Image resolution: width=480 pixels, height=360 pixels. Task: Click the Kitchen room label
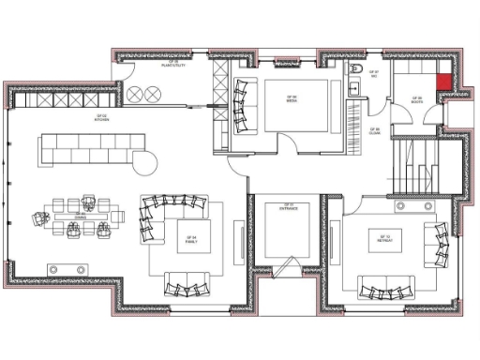click(x=100, y=118)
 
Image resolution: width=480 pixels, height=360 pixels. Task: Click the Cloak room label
click(x=373, y=132)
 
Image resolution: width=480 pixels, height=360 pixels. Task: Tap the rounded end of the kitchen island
click(x=147, y=163)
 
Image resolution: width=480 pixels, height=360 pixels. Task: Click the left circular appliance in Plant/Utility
click(x=136, y=93)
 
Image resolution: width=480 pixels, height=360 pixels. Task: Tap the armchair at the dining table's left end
click(x=41, y=217)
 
